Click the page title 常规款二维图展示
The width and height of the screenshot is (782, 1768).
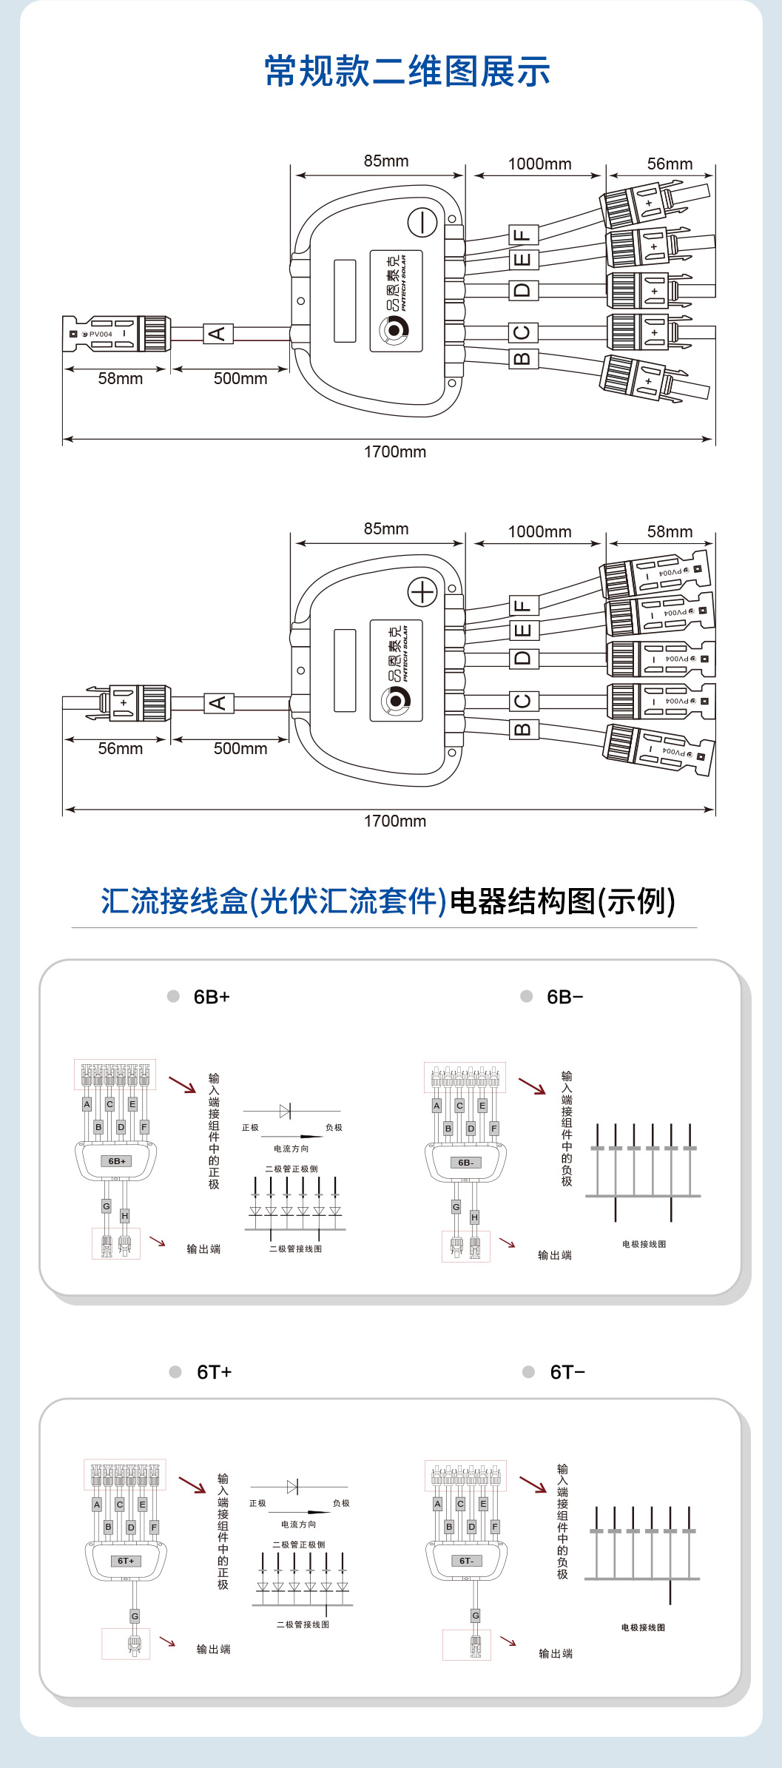pyautogui.click(x=407, y=72)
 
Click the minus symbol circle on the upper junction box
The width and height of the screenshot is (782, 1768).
pyautogui.click(x=422, y=222)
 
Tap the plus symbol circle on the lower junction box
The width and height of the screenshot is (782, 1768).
pyautogui.click(x=422, y=592)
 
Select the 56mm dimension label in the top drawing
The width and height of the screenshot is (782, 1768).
pyautogui.click(x=670, y=164)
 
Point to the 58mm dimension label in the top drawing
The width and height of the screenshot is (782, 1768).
pyautogui.click(x=120, y=378)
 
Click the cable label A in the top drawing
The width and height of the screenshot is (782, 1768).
pyautogui.click(x=218, y=334)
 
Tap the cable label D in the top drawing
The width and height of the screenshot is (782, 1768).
pyautogui.click(x=523, y=289)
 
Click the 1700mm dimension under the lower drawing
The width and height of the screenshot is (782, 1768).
pyautogui.click(x=394, y=821)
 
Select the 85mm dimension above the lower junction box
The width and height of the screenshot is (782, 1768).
pyautogui.click(x=385, y=528)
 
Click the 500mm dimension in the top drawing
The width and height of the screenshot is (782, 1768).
pyautogui.click(x=240, y=378)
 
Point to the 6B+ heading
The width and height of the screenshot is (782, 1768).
pyautogui.click(x=212, y=997)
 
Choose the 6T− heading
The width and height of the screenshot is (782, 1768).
pyautogui.click(x=567, y=1372)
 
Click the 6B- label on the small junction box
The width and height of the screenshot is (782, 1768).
pyautogui.click(x=466, y=1163)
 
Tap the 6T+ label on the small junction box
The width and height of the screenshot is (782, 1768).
pyautogui.click(x=126, y=1561)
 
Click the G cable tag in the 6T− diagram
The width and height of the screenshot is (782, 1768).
pyautogui.click(x=476, y=1616)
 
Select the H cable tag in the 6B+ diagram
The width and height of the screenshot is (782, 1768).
pyautogui.click(x=124, y=1216)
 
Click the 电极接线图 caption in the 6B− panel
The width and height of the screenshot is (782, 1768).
pyautogui.click(x=644, y=1244)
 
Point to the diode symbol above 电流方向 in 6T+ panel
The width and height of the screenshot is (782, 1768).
pyautogui.click(x=292, y=1486)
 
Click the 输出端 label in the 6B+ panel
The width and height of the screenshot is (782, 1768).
pyautogui.click(x=203, y=1249)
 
